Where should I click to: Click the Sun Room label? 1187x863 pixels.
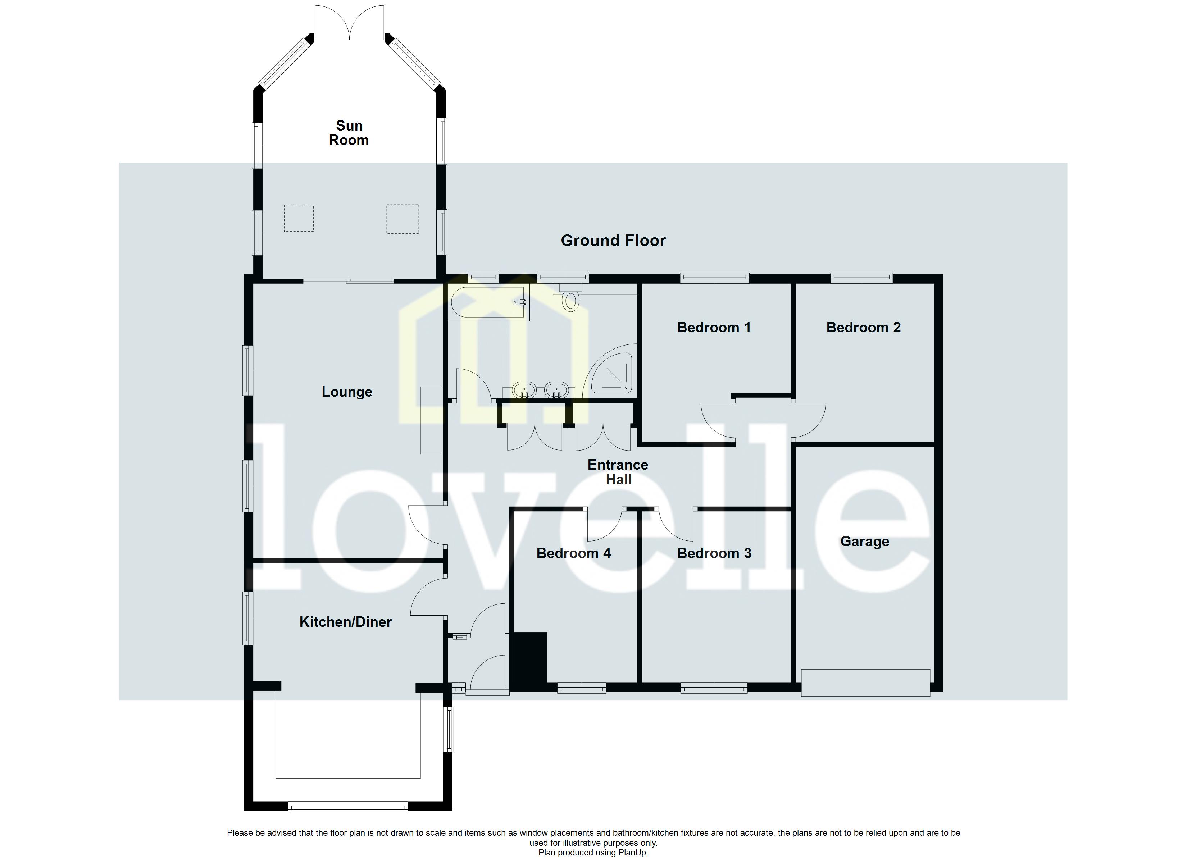tap(349, 133)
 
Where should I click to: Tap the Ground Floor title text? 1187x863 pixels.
tap(613, 241)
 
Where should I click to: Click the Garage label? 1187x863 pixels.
tap(865, 541)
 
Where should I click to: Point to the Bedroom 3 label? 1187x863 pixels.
tap(714, 553)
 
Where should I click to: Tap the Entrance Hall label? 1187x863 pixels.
tap(618, 472)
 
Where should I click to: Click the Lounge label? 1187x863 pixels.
tap(347, 392)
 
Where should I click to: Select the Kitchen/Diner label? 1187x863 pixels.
tap(345, 622)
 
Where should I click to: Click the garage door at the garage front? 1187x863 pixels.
tap(866, 682)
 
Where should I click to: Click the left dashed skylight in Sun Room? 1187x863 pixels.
tap(299, 218)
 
